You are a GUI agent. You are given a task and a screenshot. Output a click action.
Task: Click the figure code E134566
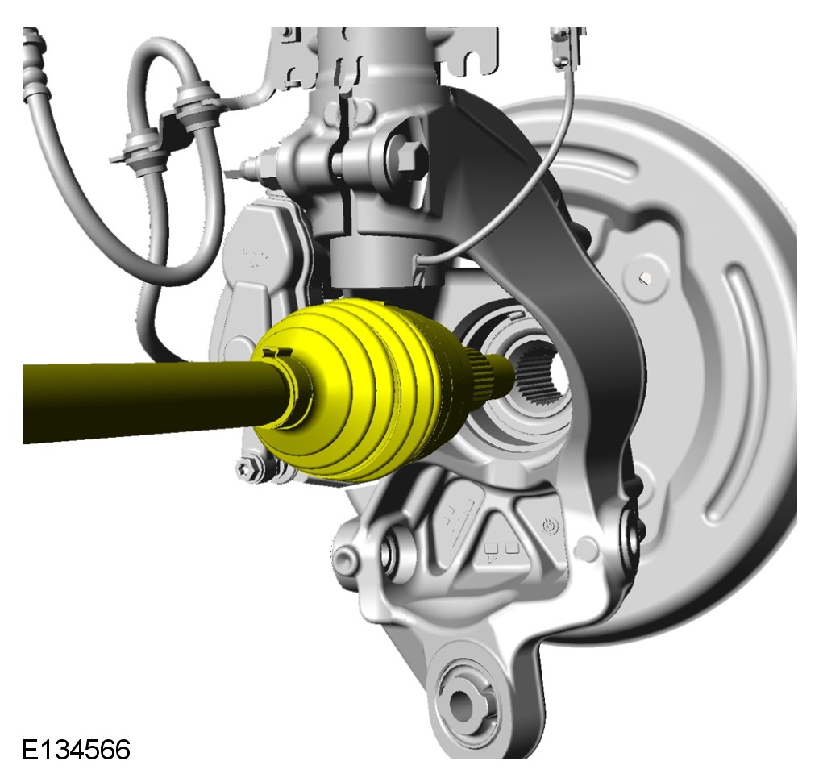[76, 750]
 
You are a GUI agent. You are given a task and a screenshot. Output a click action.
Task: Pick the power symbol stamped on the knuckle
[550, 526]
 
